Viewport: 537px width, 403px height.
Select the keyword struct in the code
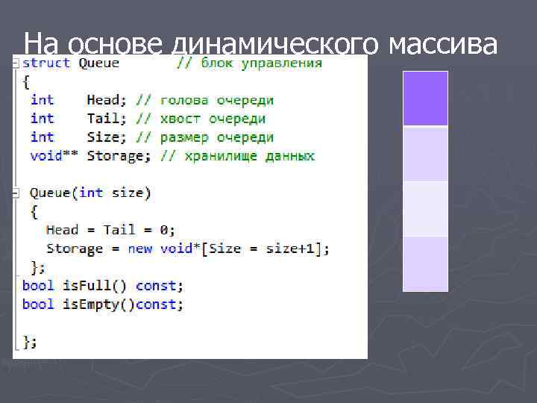tap(46, 63)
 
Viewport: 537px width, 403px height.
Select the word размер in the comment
tap(183, 137)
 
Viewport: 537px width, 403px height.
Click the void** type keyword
tap(51, 156)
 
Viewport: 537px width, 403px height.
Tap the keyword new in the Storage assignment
tap(140, 249)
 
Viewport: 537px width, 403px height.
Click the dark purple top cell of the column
tap(425, 99)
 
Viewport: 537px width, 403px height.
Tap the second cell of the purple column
tap(425, 154)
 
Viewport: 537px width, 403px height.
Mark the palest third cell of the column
tap(425, 208)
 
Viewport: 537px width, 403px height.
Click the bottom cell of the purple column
tap(425, 263)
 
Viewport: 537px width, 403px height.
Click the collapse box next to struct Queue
tap(16, 63)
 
